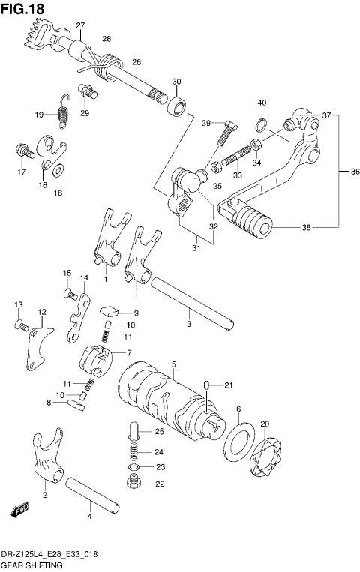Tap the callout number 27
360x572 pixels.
(79, 26)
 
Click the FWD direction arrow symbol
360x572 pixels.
(19, 512)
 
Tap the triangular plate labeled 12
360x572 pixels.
(37, 345)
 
